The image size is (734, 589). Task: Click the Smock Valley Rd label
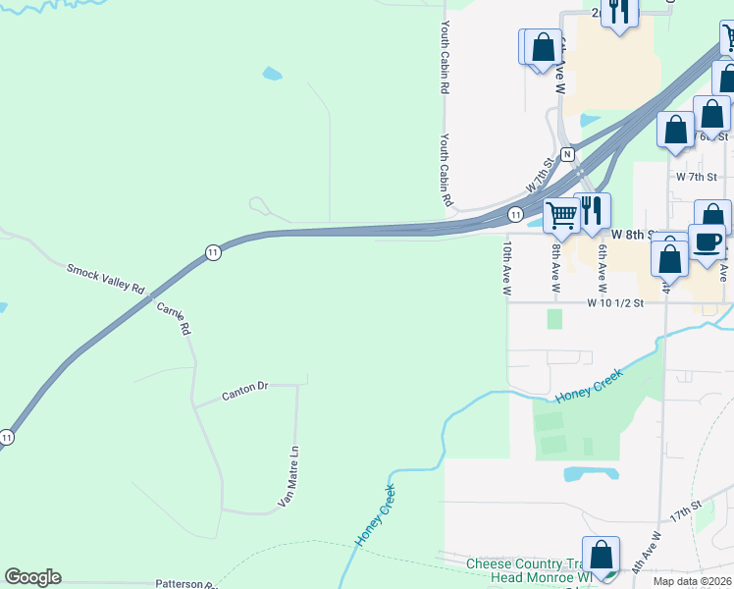(x=106, y=279)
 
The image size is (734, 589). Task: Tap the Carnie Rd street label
(x=172, y=319)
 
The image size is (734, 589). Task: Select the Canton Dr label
(x=244, y=389)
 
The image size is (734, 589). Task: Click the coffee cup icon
(x=706, y=241)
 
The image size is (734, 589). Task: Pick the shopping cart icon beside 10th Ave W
(x=561, y=213)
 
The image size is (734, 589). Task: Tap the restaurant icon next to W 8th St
(x=592, y=210)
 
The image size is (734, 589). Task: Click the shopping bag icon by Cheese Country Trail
(x=601, y=555)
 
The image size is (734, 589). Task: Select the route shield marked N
(x=566, y=155)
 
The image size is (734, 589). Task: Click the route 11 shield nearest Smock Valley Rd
(x=213, y=252)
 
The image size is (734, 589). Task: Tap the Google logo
(x=32, y=577)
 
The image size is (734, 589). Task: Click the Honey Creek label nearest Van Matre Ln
(x=376, y=516)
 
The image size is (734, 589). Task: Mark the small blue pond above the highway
(x=272, y=73)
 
